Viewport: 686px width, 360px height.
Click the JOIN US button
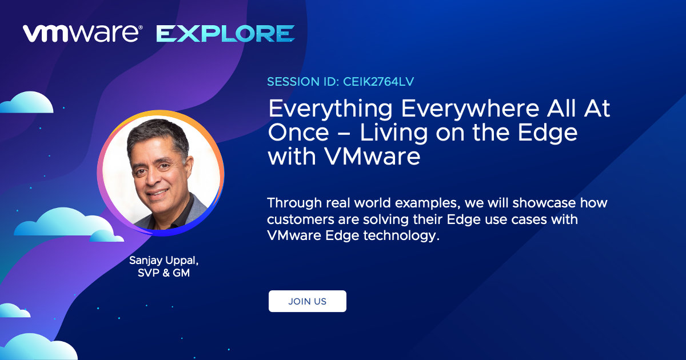point(308,301)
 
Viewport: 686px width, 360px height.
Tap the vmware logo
point(83,34)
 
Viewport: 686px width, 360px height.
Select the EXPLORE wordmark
point(225,34)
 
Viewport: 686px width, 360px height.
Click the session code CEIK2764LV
point(378,82)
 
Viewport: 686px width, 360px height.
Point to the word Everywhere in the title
point(470,109)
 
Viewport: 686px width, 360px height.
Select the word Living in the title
point(394,134)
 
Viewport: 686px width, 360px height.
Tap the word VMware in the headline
point(372,157)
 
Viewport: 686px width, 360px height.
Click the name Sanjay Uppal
point(164,261)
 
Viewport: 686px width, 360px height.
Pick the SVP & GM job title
point(164,273)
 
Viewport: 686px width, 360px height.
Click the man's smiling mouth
point(158,193)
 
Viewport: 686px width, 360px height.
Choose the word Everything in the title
point(330,109)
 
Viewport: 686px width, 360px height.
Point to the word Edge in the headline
point(548,134)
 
